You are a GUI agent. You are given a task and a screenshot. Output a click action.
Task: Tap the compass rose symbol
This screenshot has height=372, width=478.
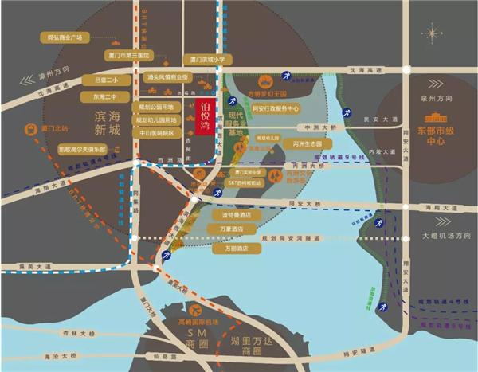pyautogui.click(x=433, y=33)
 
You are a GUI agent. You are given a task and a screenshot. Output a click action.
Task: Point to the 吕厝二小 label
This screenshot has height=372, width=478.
pyautogui.click(x=105, y=80)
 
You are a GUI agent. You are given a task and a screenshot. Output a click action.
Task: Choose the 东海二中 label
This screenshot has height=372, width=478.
pyautogui.click(x=105, y=96)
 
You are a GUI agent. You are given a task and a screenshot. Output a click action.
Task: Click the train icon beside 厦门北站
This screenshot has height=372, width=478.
pyautogui.click(x=32, y=127)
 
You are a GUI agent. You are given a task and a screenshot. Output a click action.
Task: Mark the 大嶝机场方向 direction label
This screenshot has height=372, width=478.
pyautogui.click(x=445, y=236)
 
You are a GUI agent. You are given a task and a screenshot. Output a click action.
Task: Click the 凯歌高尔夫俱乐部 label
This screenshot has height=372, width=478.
pyautogui.click(x=81, y=147)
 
